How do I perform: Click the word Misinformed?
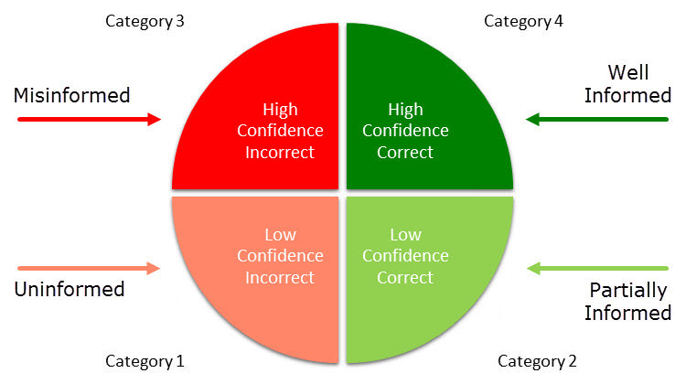[x=71, y=94]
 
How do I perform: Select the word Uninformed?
[x=69, y=290]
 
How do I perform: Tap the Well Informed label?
[x=627, y=84]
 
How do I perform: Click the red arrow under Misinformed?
[x=89, y=119]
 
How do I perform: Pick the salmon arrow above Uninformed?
[x=89, y=268]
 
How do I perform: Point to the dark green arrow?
[x=598, y=118]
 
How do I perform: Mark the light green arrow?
[x=598, y=268]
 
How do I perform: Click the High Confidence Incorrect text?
[x=280, y=131]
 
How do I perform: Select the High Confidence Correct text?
[x=405, y=131]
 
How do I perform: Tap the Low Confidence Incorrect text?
[x=280, y=256]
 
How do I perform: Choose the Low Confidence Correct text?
[x=405, y=256]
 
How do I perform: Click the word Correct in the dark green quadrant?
[x=405, y=152]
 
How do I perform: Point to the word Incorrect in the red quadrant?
[x=280, y=152]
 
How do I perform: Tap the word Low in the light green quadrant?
[x=405, y=235]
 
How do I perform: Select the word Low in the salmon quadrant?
[x=280, y=235]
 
